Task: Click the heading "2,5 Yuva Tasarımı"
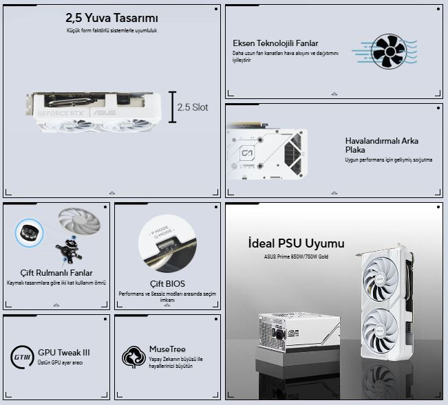[111, 18]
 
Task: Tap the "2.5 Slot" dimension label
[192, 107]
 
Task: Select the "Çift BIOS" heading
[167, 283]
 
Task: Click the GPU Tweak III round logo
[22, 356]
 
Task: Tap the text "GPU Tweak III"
[64, 352]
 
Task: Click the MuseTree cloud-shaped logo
[134, 356]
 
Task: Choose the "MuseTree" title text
[167, 349]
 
